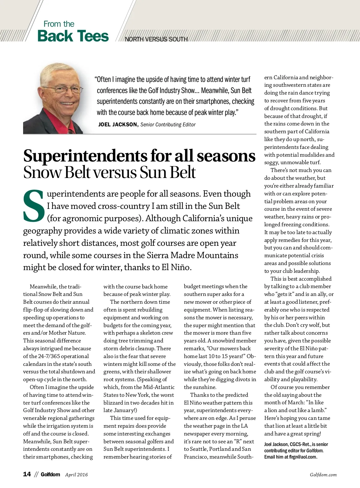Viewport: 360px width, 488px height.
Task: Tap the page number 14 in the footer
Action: click(27, 474)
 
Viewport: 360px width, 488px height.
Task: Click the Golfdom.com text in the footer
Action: click(323, 475)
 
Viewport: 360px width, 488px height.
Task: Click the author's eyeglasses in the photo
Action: click(62, 89)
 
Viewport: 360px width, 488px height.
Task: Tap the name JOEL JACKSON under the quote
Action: click(117, 125)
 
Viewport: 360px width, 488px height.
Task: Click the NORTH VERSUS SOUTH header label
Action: click(156, 39)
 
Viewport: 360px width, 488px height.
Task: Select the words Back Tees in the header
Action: click(73, 36)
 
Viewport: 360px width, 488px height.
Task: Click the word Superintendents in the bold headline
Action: click(85, 156)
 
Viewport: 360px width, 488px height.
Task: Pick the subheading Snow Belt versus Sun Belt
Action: click(109, 173)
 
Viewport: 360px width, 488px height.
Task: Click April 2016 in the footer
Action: click(76, 474)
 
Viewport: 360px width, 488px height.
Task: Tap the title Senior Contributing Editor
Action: click(168, 125)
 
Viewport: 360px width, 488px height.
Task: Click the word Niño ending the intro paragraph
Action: click(180, 267)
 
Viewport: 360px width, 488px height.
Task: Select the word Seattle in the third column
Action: click(195, 449)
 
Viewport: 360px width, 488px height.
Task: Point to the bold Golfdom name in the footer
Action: click(50, 474)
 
